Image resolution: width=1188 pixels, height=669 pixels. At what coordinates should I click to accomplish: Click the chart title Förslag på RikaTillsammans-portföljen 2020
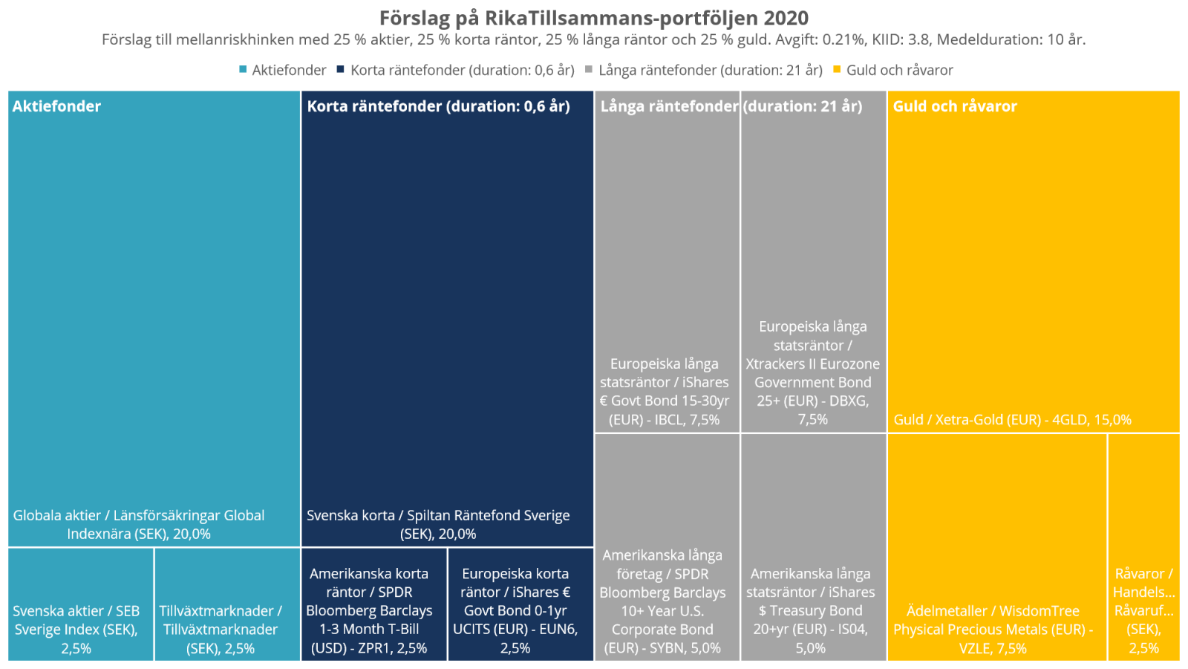click(x=593, y=18)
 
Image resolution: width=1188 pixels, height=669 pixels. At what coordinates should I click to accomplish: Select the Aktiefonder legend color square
click(x=243, y=69)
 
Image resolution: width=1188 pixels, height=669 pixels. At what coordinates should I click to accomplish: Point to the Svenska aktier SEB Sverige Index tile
click(x=80, y=604)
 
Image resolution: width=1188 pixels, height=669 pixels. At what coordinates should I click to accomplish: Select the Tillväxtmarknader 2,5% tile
click(x=226, y=604)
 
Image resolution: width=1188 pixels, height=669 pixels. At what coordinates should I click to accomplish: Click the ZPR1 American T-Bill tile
click(x=373, y=604)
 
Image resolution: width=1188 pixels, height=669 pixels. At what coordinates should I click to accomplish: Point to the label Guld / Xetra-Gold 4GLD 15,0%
click(x=1012, y=420)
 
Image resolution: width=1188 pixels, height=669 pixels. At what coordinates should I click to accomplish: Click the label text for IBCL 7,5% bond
click(x=665, y=392)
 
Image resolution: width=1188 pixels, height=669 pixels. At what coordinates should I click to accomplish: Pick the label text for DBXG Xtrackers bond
click(x=813, y=373)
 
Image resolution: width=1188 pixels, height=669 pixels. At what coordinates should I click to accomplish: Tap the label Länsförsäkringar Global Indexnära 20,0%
click(x=139, y=525)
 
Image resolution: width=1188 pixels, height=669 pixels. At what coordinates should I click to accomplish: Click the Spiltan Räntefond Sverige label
click(x=438, y=525)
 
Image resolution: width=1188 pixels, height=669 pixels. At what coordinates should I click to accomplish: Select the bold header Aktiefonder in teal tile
click(x=56, y=106)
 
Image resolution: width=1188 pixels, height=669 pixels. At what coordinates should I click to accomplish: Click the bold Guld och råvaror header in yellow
click(x=954, y=106)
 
